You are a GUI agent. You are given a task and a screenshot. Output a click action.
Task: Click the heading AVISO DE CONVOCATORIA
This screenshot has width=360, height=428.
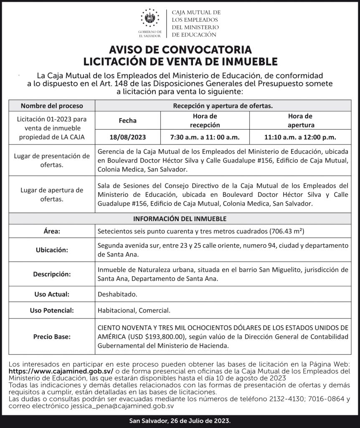pos(180,50)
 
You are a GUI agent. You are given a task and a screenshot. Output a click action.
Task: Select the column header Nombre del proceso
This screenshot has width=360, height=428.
pos(52,106)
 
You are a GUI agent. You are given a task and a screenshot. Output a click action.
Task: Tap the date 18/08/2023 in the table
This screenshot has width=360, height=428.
pos(128,137)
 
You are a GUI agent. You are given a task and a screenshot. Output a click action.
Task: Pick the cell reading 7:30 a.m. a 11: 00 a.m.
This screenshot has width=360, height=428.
pos(205,137)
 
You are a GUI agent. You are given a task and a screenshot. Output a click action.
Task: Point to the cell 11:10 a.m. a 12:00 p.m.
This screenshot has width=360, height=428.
pos(300,137)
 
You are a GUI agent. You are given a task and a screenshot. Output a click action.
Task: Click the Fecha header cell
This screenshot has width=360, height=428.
pos(128,121)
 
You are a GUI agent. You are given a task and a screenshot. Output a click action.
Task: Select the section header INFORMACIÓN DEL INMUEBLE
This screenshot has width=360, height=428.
pos(180,219)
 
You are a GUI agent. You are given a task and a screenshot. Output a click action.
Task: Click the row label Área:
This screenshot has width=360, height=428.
pos(52,231)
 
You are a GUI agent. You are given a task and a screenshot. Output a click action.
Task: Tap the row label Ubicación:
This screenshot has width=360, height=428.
pos(52,250)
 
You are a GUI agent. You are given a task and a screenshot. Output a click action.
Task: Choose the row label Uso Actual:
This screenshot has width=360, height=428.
pos(52,294)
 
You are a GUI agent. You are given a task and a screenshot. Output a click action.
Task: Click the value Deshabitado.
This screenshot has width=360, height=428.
pos(117,294)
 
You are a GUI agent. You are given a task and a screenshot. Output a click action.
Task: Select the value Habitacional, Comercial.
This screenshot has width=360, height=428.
pos(134,311)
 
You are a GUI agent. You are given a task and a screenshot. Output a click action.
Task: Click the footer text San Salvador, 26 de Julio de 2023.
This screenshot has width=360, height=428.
pos(180,420)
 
